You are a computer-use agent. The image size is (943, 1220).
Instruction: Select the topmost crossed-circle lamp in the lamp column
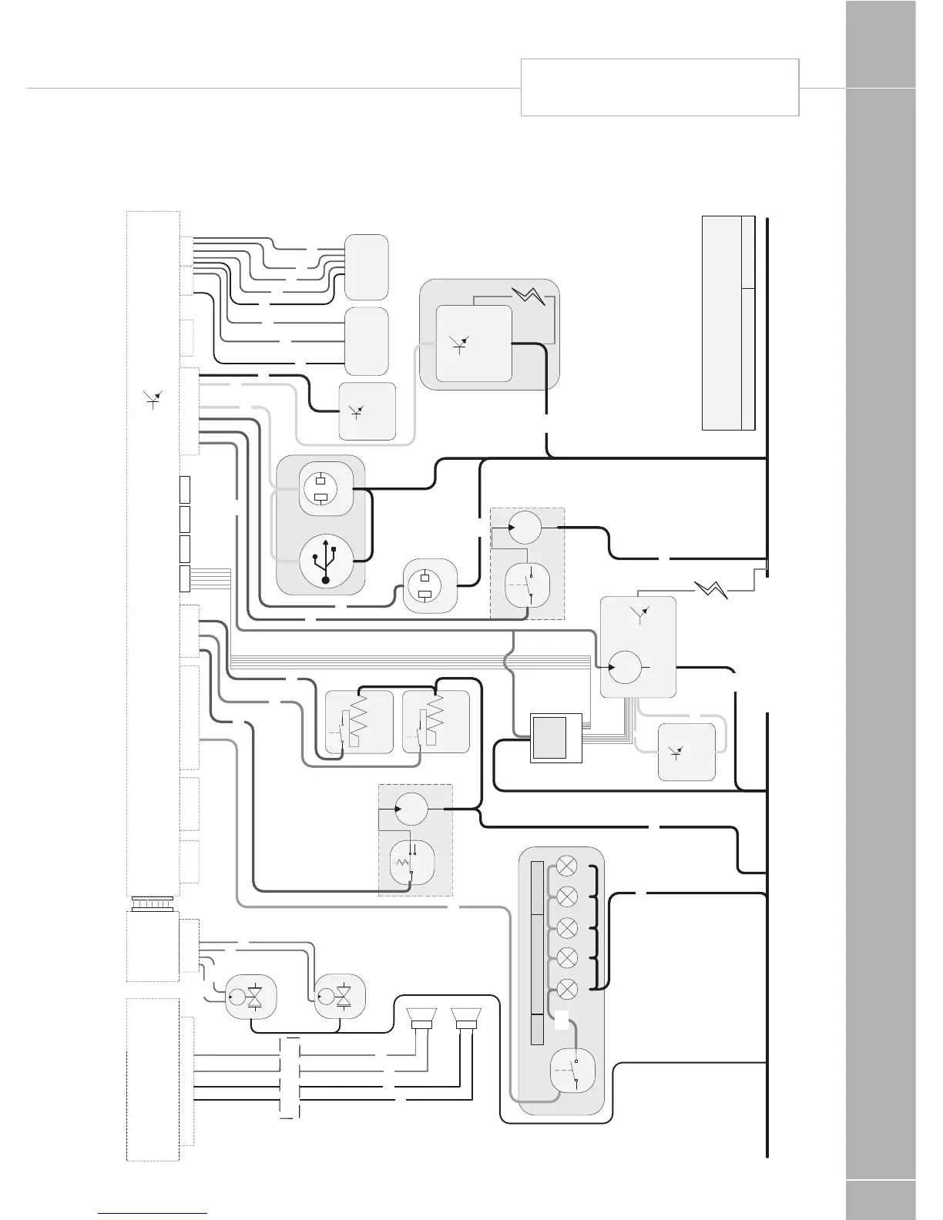[x=567, y=864]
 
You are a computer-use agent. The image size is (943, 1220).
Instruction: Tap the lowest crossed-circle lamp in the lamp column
[x=567, y=988]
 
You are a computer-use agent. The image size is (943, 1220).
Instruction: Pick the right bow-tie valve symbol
[x=344, y=996]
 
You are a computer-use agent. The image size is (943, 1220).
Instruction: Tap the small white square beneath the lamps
[x=562, y=1019]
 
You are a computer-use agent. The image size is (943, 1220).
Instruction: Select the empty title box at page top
[x=659, y=87]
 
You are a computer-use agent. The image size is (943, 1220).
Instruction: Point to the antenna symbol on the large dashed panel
[x=153, y=399]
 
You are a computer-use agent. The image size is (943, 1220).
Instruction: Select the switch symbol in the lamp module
[x=575, y=1071]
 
